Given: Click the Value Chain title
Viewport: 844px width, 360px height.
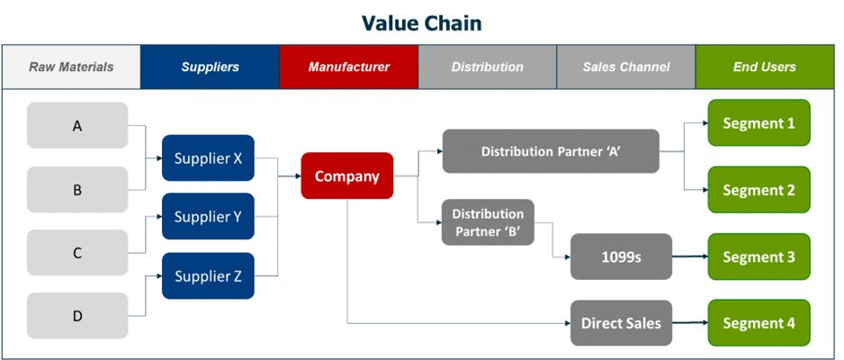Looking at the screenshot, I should click(421, 22).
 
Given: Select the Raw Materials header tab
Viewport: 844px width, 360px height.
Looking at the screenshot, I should click(71, 67).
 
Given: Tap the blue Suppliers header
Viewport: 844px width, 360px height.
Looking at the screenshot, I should click(210, 67).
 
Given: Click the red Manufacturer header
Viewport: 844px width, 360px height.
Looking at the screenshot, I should click(348, 67).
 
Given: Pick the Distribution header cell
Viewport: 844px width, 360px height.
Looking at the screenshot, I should click(487, 67).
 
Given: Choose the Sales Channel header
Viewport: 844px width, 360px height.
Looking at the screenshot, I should click(625, 67).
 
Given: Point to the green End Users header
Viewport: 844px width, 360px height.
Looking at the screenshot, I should click(765, 67).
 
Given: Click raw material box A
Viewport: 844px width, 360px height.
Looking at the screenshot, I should click(77, 126).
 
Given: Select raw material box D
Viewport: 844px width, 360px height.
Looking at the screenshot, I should click(77, 316).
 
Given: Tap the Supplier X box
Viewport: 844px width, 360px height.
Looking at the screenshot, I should click(208, 158).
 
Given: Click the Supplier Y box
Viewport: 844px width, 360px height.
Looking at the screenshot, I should click(208, 217).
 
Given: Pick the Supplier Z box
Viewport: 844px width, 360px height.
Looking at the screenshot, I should click(208, 276).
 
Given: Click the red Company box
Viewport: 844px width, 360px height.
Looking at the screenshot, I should click(346, 176).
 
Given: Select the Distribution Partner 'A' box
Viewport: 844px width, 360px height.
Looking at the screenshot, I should click(551, 151).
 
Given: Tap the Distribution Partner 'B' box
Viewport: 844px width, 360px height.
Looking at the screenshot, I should click(488, 222).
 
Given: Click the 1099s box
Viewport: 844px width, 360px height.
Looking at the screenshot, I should click(621, 257).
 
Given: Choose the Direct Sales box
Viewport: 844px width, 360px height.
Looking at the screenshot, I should click(621, 323).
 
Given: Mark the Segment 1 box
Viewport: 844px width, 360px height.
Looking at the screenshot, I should click(759, 123).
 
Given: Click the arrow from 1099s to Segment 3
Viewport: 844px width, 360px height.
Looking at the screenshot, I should click(689, 257).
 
